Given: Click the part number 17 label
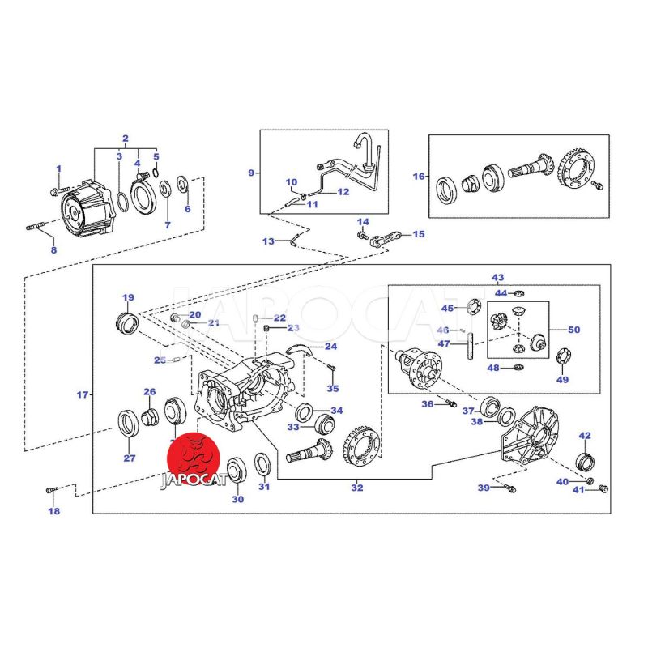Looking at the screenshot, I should pos(82,395).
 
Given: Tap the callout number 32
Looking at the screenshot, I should pos(357,488).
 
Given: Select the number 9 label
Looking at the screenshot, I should pos(251,173).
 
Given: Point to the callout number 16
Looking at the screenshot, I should pos(419,176).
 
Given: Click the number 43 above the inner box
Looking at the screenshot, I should pos(497,278).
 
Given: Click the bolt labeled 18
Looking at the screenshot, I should pos(50,490).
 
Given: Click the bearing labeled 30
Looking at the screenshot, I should pos(237,470).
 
